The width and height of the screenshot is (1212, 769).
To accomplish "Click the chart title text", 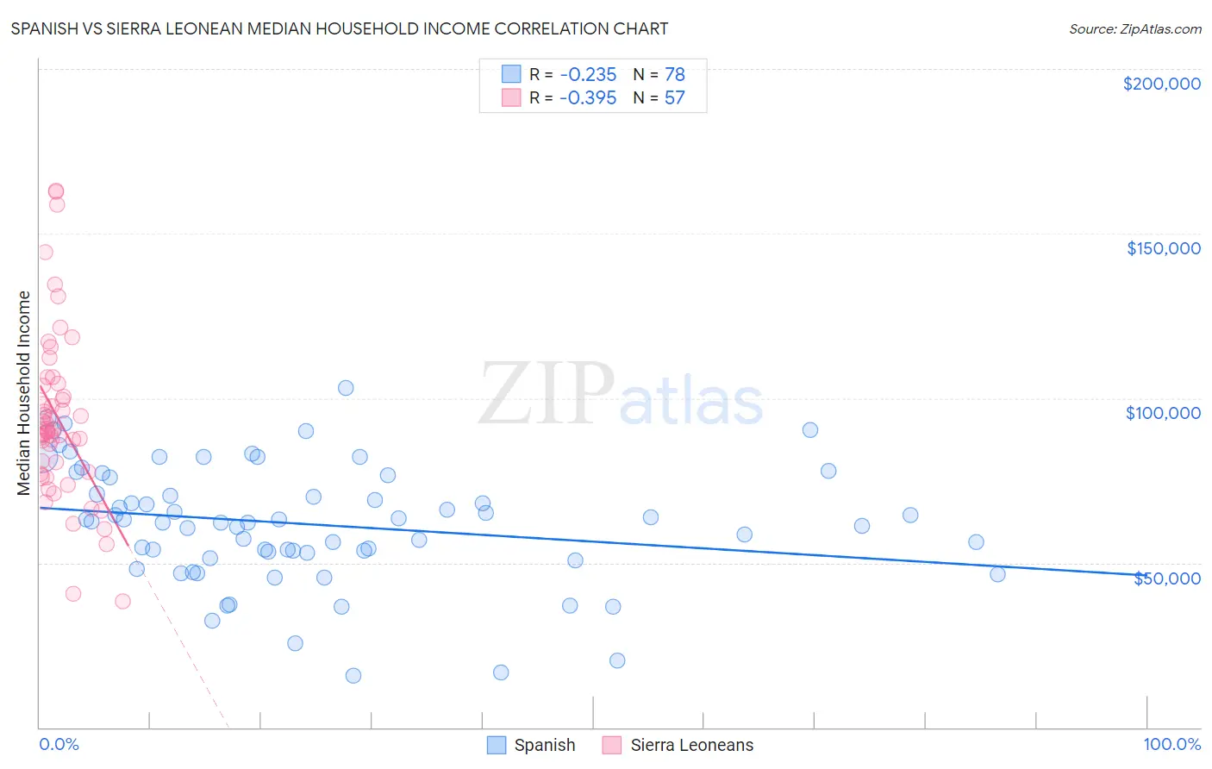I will [x=340, y=28].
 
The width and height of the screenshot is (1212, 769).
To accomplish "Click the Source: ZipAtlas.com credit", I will [x=1134, y=29].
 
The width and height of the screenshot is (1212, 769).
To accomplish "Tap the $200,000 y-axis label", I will [x=1161, y=84].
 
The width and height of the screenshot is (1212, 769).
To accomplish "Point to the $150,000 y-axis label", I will [x=1163, y=248].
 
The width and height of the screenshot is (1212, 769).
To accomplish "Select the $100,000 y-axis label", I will [x=1163, y=413].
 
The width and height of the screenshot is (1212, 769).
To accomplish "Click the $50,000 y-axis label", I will [x=1166, y=578].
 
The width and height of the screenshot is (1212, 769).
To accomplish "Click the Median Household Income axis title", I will [x=24, y=393].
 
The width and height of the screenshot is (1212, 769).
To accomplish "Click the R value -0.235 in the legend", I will [x=588, y=74].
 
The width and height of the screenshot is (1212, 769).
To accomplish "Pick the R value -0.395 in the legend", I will [x=588, y=98].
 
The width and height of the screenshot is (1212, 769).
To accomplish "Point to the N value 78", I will [x=674, y=74].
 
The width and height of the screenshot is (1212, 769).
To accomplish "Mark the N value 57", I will [x=674, y=98].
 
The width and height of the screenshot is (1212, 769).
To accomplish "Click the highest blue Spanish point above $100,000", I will [x=346, y=388].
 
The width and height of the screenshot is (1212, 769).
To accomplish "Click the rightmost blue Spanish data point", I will [x=997, y=574].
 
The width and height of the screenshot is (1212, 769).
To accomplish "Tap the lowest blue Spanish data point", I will [x=353, y=675].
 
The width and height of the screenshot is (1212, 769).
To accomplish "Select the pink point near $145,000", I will [x=45, y=253].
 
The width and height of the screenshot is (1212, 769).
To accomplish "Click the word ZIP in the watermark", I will [x=547, y=394].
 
